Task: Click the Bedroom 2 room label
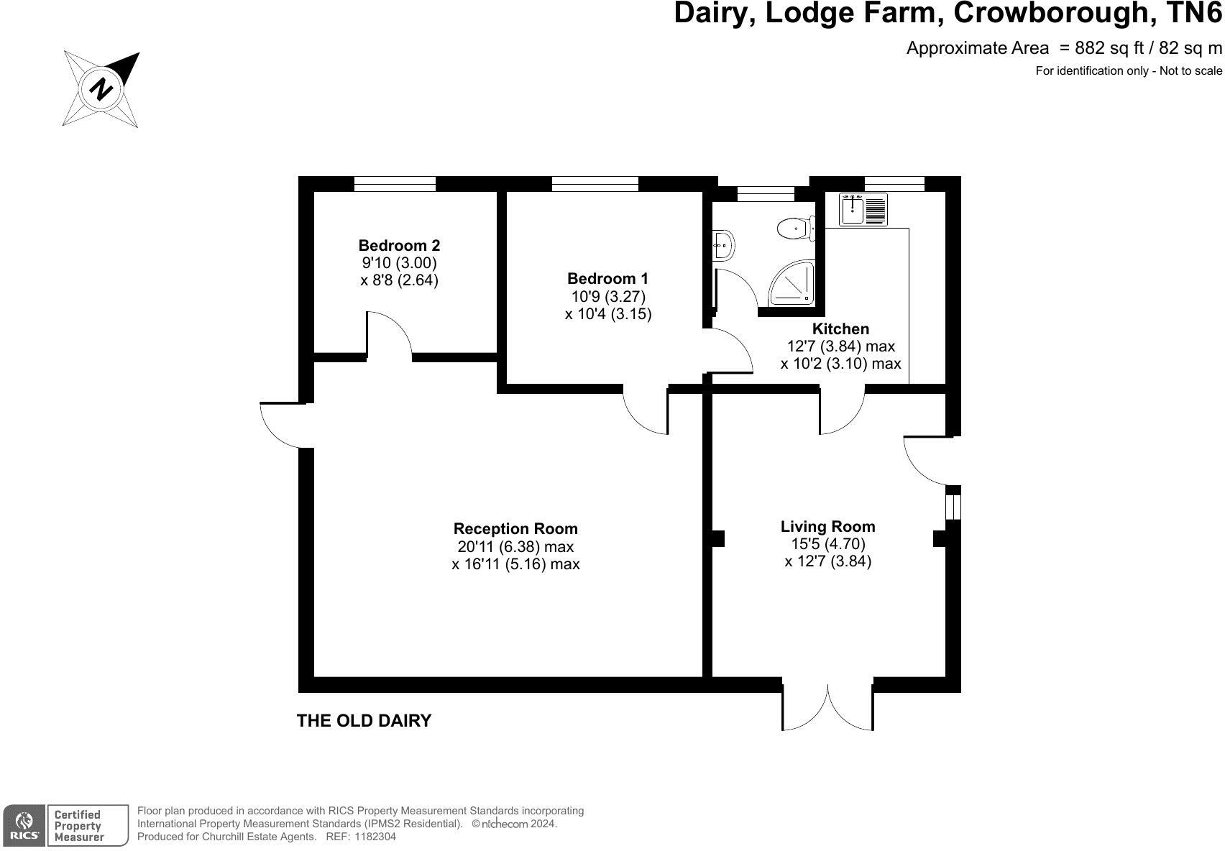click(x=399, y=245)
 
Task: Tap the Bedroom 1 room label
click(x=607, y=278)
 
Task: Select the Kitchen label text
click(x=840, y=328)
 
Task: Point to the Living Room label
click(x=828, y=526)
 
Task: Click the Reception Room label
click(x=515, y=528)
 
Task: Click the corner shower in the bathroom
click(x=792, y=282)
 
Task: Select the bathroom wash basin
click(x=723, y=246)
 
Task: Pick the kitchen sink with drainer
click(x=863, y=209)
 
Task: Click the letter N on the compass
click(x=101, y=88)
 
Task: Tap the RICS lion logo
click(x=24, y=825)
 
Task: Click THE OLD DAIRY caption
click(x=364, y=721)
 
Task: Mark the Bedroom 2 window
click(x=395, y=184)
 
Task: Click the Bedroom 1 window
click(x=595, y=184)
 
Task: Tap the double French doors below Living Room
click(x=828, y=707)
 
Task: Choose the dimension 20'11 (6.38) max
click(x=515, y=546)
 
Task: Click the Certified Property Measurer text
click(x=78, y=826)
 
